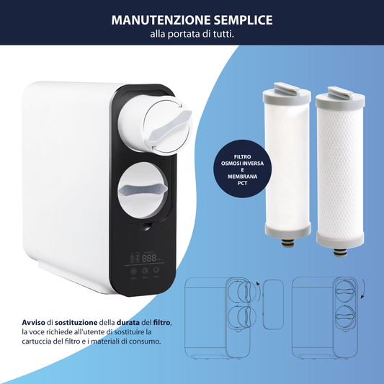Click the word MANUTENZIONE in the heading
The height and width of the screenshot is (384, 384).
click(x=161, y=20)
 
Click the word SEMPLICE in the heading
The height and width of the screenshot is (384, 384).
click(x=244, y=20)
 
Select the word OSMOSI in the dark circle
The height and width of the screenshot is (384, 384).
click(x=231, y=164)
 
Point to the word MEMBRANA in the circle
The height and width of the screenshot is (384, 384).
click(x=242, y=177)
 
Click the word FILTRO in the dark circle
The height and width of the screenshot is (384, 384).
click(x=242, y=157)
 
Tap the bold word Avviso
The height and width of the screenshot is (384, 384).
click(x=34, y=323)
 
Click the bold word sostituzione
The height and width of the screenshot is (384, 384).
click(x=76, y=323)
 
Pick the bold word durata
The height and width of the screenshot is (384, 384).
click(x=128, y=323)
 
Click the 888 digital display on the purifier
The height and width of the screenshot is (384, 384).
click(x=149, y=258)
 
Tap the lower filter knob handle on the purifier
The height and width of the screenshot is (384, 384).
click(x=143, y=190)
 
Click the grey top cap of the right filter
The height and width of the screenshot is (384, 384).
click(x=340, y=98)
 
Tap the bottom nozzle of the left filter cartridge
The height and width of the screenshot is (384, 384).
click(x=288, y=244)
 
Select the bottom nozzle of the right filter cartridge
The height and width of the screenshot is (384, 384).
click(x=340, y=252)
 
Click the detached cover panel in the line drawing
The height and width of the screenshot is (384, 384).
click(x=273, y=305)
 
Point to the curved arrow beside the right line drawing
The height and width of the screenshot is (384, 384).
click(x=363, y=288)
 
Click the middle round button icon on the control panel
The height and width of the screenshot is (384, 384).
click(x=145, y=271)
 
